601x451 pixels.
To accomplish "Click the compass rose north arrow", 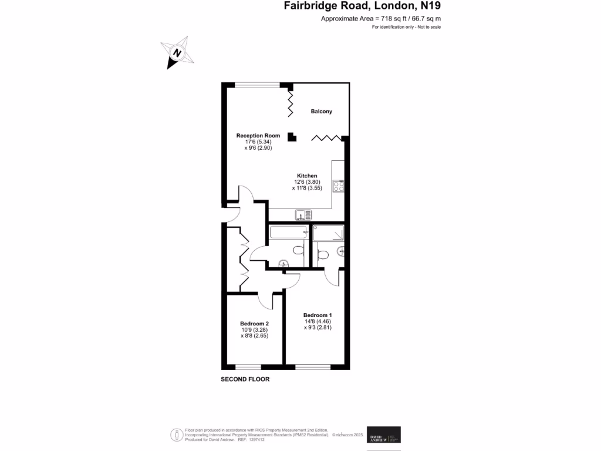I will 177,52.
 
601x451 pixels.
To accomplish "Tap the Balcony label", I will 322,112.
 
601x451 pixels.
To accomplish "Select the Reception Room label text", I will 258,136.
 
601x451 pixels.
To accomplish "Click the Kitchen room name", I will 307,176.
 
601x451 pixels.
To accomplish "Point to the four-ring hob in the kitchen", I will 339,186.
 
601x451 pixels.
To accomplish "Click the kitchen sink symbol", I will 301,216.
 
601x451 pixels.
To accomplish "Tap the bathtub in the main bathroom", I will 288,234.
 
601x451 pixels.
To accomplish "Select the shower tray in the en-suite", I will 329,234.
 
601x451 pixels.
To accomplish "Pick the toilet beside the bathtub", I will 298,251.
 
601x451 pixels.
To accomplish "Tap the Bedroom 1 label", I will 318,315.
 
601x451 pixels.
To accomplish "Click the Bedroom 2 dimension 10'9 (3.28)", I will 255,330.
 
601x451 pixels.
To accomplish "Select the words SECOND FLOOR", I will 245,379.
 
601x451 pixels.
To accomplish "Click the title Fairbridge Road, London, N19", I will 362,6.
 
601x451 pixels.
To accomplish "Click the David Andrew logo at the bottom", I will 383,435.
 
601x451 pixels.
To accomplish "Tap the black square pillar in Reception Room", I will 292,136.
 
